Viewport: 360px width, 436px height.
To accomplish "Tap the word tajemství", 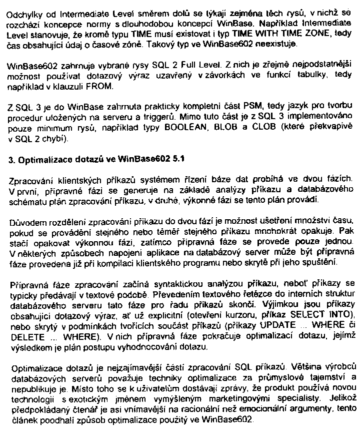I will coord(323,377).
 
